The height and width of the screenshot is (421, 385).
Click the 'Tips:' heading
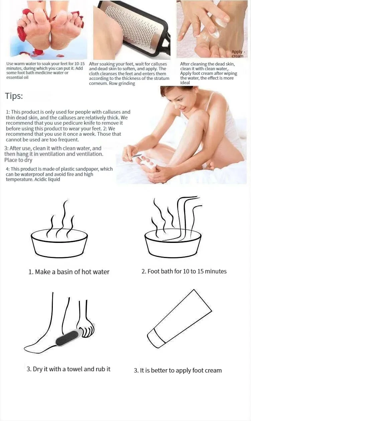[14, 96]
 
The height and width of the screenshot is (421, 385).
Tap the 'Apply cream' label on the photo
[237, 54]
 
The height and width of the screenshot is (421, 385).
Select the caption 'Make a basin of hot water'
[72, 272]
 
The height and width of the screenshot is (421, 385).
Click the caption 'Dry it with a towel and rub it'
[72, 369]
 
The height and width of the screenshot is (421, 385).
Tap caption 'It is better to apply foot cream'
[181, 371]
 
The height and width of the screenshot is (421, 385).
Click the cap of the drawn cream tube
[156, 338]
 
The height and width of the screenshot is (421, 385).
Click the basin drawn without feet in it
[59, 244]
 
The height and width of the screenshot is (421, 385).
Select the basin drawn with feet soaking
[173, 244]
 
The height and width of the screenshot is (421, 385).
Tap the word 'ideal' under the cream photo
[185, 83]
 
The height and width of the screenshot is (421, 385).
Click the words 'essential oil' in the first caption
[17, 78]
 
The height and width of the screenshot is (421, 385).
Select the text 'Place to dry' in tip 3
[18, 160]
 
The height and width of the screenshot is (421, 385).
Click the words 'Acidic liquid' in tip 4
[47, 179]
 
